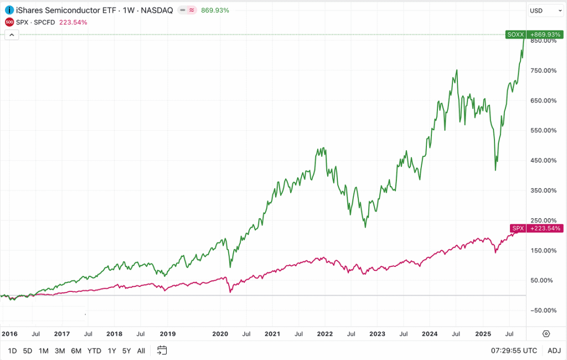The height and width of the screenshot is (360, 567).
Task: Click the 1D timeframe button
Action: [x=12, y=351]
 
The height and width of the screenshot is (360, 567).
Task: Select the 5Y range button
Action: [x=126, y=351]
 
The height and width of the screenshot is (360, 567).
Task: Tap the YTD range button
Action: [x=94, y=351]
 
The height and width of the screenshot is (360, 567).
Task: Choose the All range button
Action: [x=141, y=351]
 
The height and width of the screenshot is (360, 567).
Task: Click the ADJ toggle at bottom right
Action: [x=554, y=351]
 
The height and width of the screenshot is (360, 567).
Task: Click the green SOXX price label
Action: [x=515, y=34]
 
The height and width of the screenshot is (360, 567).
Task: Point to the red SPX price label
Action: [x=518, y=228]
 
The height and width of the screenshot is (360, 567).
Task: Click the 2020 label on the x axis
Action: [x=220, y=334]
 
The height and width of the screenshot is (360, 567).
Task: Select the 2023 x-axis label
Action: [x=377, y=334]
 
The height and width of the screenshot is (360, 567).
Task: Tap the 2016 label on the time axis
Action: [x=9, y=334]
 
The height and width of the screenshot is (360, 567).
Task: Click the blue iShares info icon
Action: [x=9, y=11]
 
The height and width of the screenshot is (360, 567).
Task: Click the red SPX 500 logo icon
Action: [x=9, y=22]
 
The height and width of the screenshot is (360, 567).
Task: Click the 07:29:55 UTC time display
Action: [x=514, y=351]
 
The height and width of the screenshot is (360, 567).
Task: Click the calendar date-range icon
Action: [x=162, y=351]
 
